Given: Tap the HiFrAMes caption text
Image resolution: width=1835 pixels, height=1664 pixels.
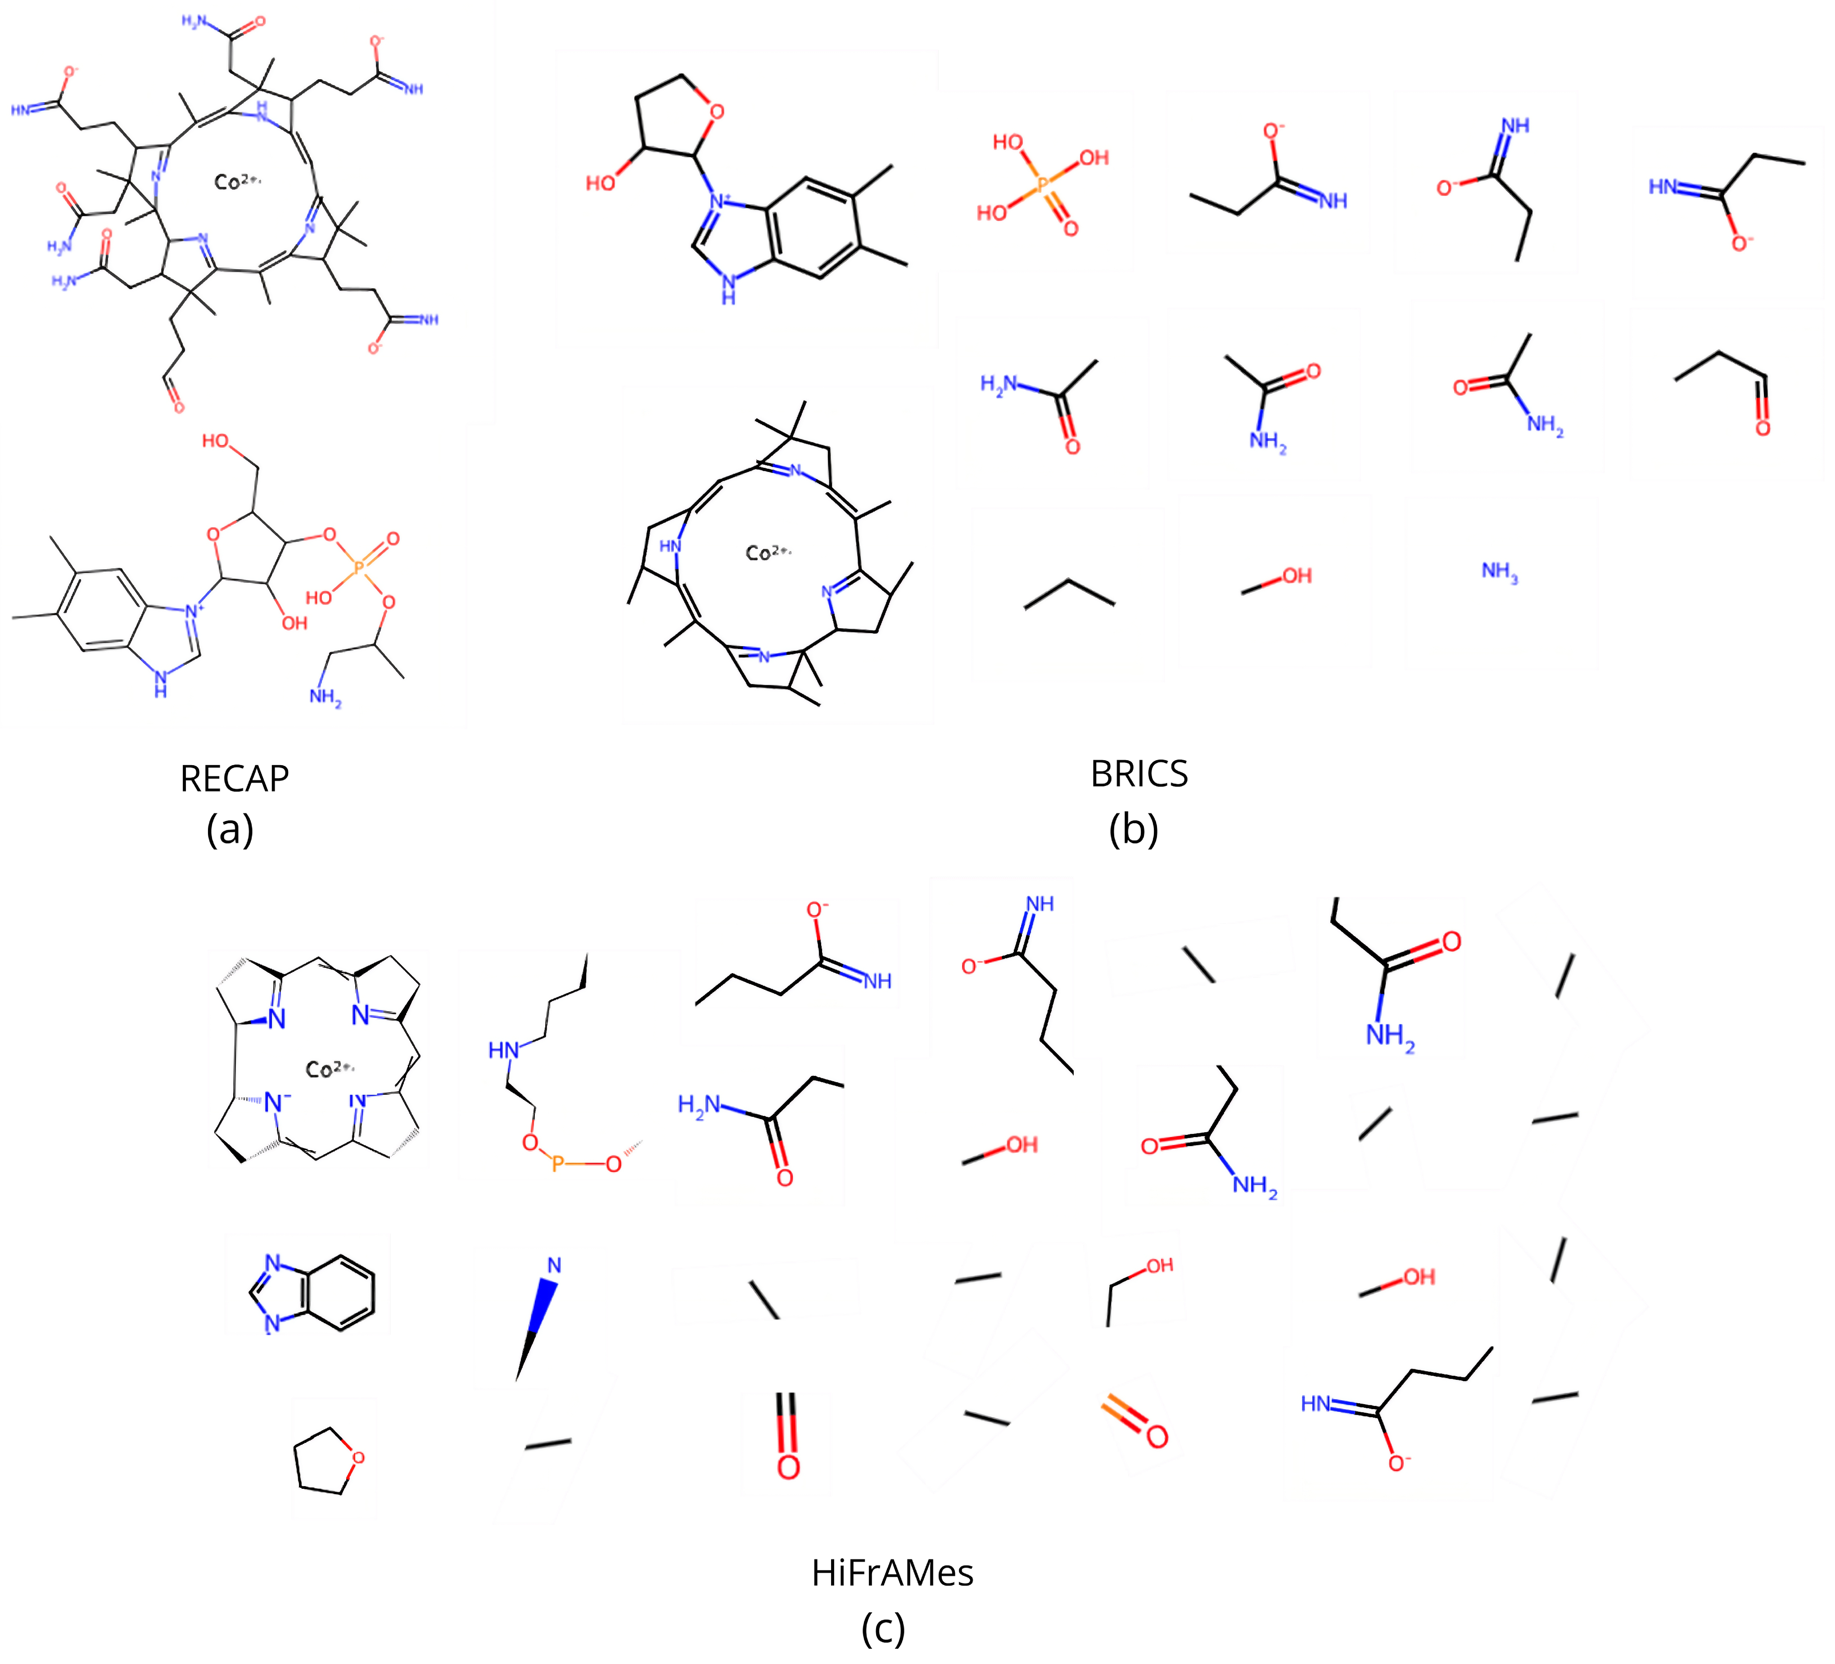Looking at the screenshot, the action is click(892, 1572).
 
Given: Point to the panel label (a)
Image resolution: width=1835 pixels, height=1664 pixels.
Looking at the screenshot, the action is click(230, 829).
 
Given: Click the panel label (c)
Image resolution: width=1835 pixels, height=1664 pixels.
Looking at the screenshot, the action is click(883, 1628).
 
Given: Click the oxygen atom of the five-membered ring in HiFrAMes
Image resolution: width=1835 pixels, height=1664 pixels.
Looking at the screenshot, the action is click(358, 1457).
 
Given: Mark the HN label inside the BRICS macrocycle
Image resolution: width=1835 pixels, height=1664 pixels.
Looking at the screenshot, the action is click(670, 546).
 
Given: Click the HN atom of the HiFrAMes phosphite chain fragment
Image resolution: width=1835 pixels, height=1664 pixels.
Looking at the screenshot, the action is click(503, 1051).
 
